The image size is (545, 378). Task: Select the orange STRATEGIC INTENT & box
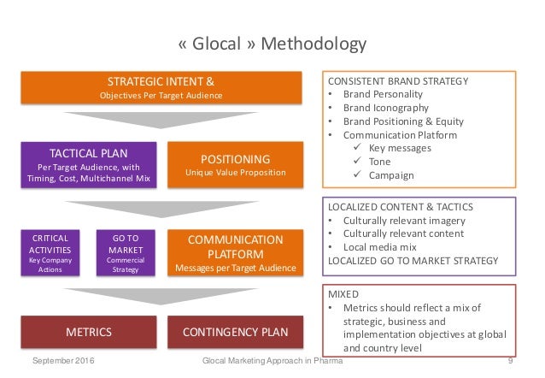(x=161, y=88)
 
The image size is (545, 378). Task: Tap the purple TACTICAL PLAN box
(x=87, y=164)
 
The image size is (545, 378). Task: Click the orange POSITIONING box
(x=235, y=164)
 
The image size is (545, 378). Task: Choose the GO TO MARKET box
(x=126, y=251)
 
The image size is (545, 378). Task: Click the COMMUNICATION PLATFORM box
(x=235, y=252)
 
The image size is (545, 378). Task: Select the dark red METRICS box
(x=87, y=331)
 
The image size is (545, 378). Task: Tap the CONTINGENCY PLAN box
(x=235, y=331)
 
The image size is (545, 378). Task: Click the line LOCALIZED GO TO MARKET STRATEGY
(x=410, y=260)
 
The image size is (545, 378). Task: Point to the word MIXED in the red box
(x=344, y=292)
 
